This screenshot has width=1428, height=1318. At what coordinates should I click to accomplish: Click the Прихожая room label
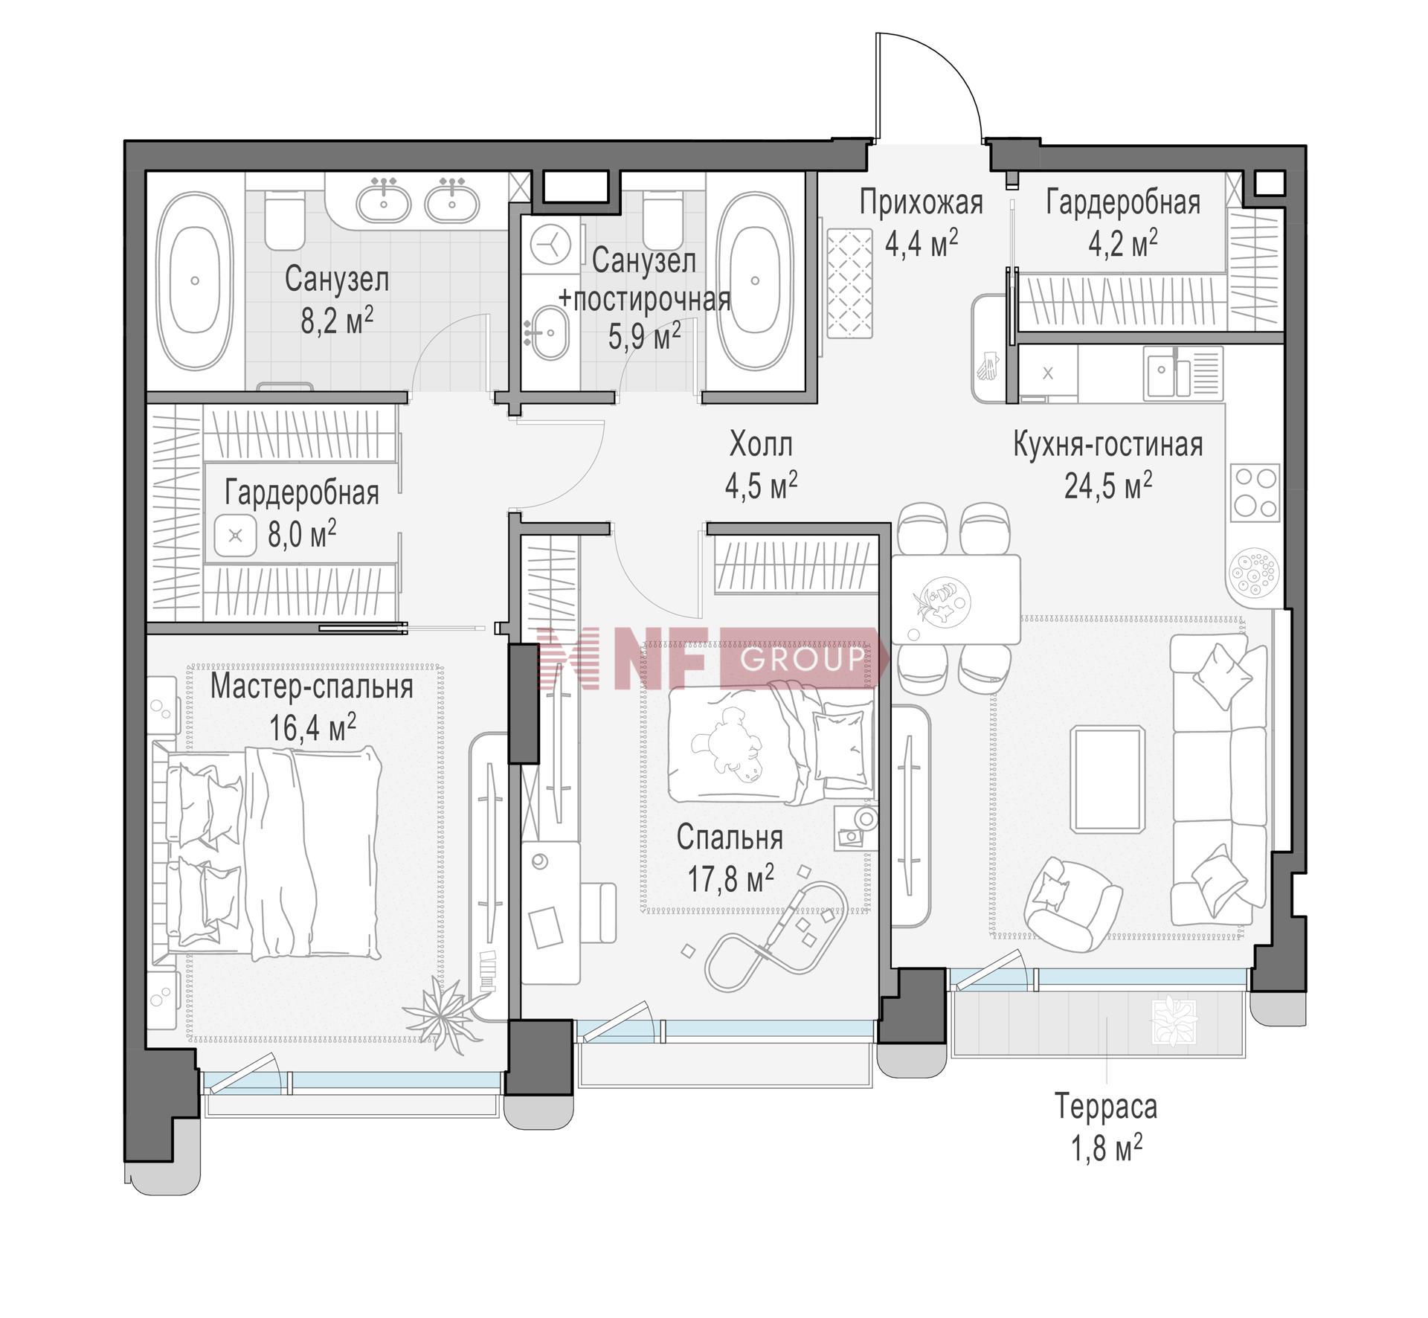pos(921,202)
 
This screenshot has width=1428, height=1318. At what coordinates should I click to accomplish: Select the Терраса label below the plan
pos(1106,1107)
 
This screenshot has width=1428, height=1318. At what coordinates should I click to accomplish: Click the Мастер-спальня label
pos(312,687)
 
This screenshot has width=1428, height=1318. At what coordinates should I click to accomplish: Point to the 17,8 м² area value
pos(730,878)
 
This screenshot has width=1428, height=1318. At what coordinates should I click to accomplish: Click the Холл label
pos(761,445)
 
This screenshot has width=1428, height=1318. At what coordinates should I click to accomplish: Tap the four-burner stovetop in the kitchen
pos(1255,492)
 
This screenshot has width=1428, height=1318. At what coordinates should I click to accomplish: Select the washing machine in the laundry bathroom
pos(551,244)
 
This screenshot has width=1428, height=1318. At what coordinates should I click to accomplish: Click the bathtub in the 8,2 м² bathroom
pos(194,280)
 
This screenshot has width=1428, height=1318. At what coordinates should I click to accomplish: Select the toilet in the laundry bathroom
pos(663,219)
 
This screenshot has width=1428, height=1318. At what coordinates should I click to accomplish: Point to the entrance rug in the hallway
pos(849,283)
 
